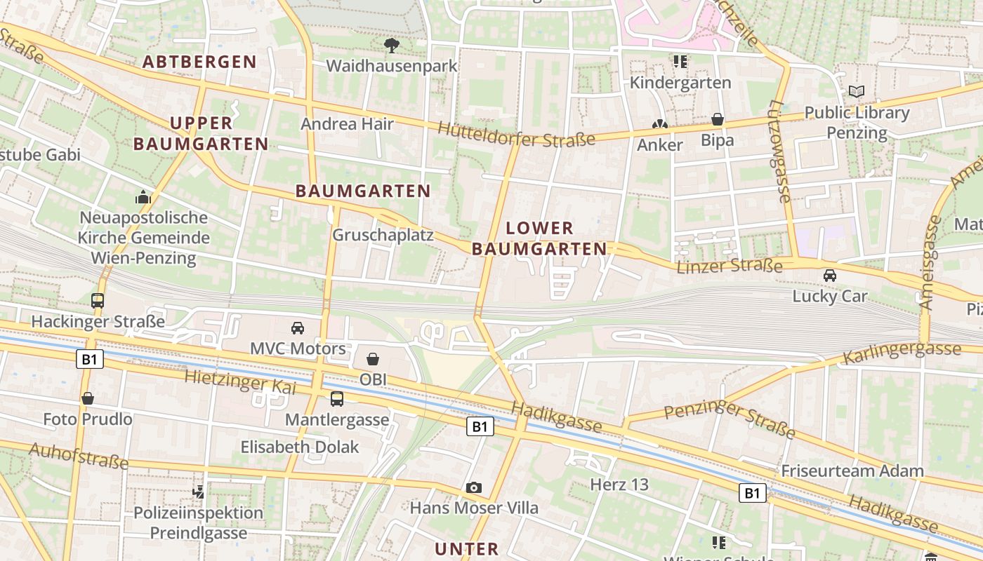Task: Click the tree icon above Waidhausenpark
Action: tap(392, 46)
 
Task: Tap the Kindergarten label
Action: tap(680, 83)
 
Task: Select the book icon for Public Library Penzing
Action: tap(857, 91)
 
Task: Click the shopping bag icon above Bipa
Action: tap(718, 119)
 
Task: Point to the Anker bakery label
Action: tap(659, 145)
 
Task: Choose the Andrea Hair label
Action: tap(347, 124)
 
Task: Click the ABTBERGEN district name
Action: tap(199, 62)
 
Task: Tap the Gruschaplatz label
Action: tap(383, 235)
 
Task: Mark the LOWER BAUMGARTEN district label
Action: tap(539, 238)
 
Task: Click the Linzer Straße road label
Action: tap(730, 266)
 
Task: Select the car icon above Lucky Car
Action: tap(830, 276)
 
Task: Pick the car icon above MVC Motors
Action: tap(298, 327)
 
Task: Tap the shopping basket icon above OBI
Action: tap(373, 359)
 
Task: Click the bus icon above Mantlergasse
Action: tap(337, 399)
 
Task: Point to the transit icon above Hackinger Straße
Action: tap(98, 301)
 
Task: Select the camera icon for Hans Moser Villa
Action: tap(474, 487)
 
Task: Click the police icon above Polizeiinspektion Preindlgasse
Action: tap(199, 492)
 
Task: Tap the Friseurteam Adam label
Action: tap(852, 471)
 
